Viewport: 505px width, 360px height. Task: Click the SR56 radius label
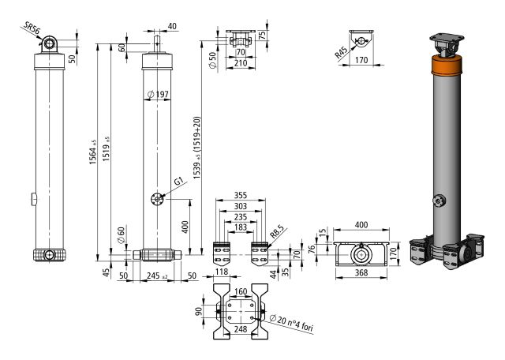pyautogui.click(x=30, y=30)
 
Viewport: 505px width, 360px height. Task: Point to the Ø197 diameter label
pyautogui.click(x=158, y=96)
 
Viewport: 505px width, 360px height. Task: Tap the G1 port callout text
pyautogui.click(x=178, y=181)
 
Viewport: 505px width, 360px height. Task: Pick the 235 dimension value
pyautogui.click(x=241, y=217)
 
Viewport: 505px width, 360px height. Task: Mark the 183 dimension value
pyautogui.click(x=241, y=227)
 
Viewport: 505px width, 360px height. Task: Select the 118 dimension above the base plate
pyautogui.click(x=223, y=272)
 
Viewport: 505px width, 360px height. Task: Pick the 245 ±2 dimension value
pyautogui.click(x=158, y=276)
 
